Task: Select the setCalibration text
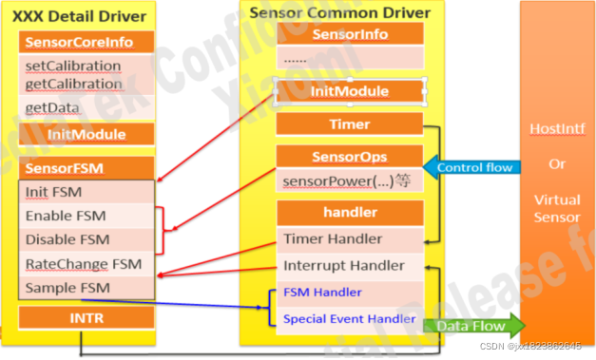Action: (x=73, y=66)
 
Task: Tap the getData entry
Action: (x=52, y=108)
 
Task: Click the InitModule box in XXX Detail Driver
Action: (x=86, y=134)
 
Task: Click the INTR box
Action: (x=86, y=317)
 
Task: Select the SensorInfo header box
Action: (x=349, y=34)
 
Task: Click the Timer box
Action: (x=349, y=124)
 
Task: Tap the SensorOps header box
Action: (x=349, y=157)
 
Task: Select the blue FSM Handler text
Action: (x=321, y=293)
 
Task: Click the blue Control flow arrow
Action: (x=470, y=168)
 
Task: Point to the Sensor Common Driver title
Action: (x=339, y=12)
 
